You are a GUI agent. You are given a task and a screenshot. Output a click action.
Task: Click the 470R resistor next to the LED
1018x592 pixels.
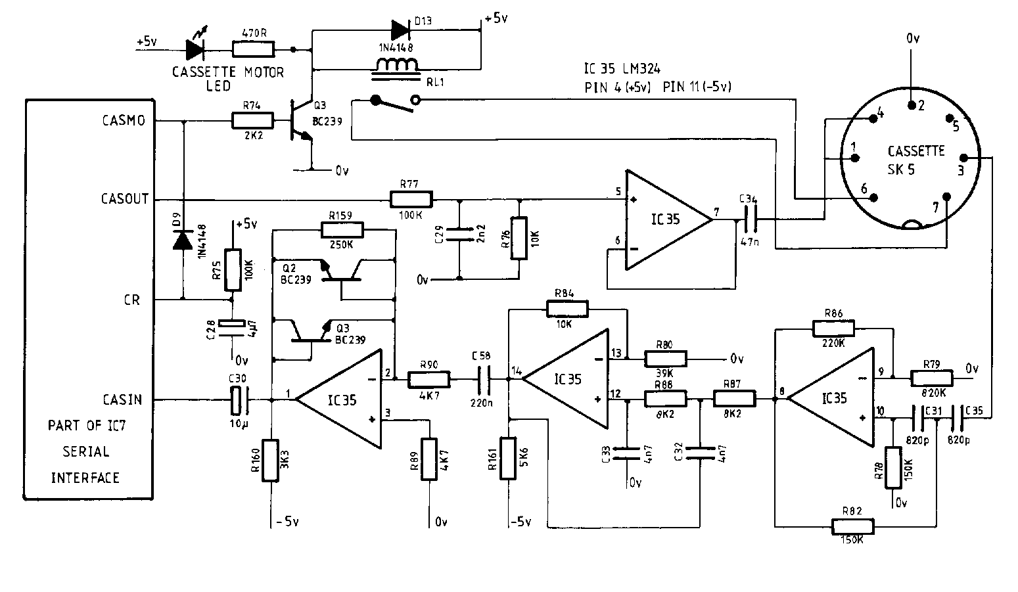(254, 49)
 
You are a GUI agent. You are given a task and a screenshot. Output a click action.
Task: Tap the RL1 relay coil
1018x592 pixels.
(398, 66)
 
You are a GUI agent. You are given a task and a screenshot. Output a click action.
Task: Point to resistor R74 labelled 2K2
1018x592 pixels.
(253, 120)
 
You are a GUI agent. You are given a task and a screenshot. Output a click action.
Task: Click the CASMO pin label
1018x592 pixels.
(124, 121)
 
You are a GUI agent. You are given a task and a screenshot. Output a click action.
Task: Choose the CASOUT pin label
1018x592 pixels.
(125, 198)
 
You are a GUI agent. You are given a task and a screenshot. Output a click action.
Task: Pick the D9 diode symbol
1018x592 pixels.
(183, 240)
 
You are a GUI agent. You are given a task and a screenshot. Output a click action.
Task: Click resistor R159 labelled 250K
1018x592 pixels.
(342, 229)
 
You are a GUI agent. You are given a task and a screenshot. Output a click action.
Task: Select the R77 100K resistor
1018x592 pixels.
(411, 198)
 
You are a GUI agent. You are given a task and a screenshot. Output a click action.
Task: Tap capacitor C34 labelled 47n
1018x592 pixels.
(749, 219)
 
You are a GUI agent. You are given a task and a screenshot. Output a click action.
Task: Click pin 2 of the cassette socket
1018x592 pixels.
(912, 105)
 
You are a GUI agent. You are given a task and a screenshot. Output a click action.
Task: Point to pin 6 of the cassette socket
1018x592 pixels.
(874, 198)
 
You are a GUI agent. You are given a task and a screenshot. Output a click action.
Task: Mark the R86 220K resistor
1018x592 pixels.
(833, 328)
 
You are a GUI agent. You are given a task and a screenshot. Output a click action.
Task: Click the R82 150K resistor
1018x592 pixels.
(853, 526)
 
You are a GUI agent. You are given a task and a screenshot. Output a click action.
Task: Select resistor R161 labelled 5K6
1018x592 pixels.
(508, 457)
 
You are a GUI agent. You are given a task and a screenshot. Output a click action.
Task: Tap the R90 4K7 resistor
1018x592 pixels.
(428, 379)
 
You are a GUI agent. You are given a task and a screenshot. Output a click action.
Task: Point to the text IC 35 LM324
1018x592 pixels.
(622, 68)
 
